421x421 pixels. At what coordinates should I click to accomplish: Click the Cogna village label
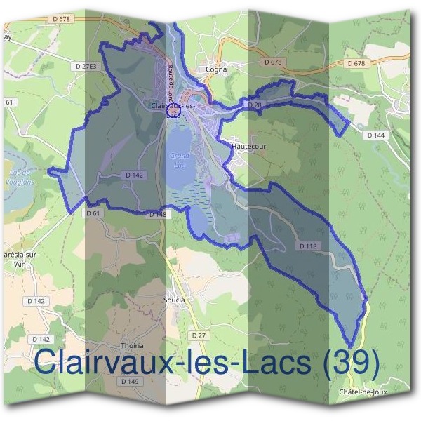(x=215, y=69)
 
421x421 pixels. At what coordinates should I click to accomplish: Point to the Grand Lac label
(x=178, y=161)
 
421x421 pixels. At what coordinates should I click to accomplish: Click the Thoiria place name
(x=132, y=346)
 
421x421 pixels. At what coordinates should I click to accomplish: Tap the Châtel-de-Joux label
(x=363, y=391)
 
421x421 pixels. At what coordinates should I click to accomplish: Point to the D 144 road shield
(x=377, y=135)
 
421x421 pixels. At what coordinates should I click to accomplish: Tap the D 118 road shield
(x=308, y=246)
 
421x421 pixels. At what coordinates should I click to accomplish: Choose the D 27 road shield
(x=200, y=336)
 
